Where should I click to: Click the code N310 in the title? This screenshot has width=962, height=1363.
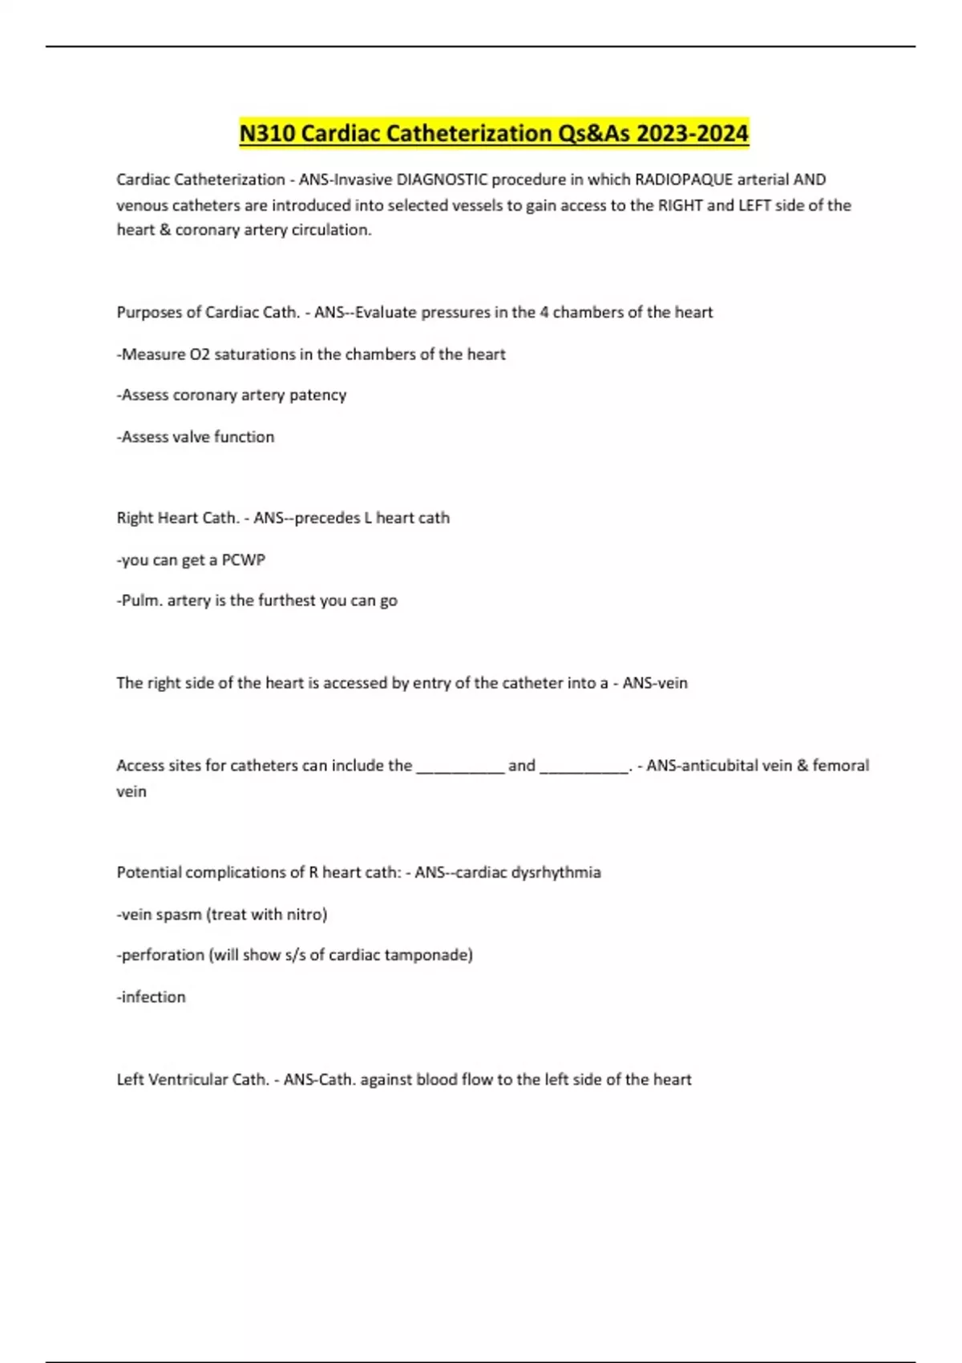point(268,133)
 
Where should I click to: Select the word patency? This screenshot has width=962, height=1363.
point(318,395)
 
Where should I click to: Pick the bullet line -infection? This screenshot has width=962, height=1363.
point(152,997)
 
